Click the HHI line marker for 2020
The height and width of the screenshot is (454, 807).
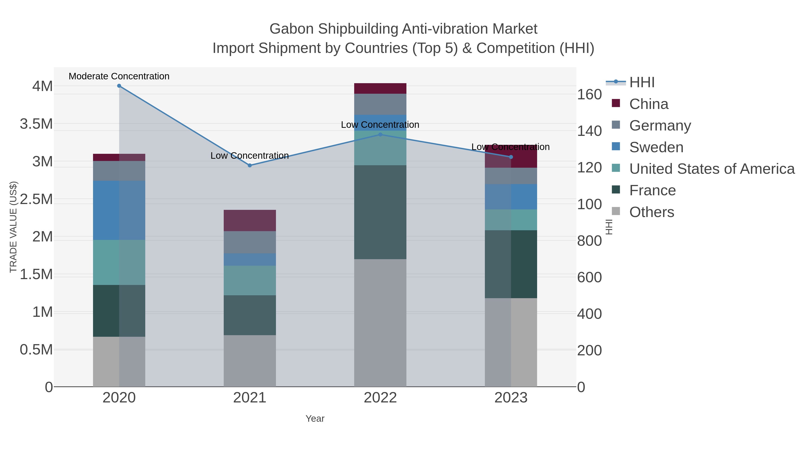tap(119, 86)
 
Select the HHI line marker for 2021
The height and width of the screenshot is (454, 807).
tap(250, 165)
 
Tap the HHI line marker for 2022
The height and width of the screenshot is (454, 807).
tap(380, 135)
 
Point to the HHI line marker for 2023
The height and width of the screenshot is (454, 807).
tap(511, 157)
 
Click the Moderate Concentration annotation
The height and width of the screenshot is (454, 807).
tap(119, 76)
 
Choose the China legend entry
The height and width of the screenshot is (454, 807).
tap(649, 104)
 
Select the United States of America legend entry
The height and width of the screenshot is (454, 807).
tap(712, 169)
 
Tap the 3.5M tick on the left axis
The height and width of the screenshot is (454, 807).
tap(36, 124)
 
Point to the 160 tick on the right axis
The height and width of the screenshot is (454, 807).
tap(589, 94)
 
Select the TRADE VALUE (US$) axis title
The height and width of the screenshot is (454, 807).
tap(13, 227)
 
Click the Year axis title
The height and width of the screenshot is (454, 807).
tap(315, 419)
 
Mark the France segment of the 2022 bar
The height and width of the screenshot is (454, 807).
tap(380, 212)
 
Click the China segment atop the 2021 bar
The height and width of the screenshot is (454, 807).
tap(250, 221)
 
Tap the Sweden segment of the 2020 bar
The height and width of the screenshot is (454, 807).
tap(119, 210)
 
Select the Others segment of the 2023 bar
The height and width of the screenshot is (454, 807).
tap(511, 342)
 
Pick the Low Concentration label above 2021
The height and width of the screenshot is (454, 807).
tap(250, 156)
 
